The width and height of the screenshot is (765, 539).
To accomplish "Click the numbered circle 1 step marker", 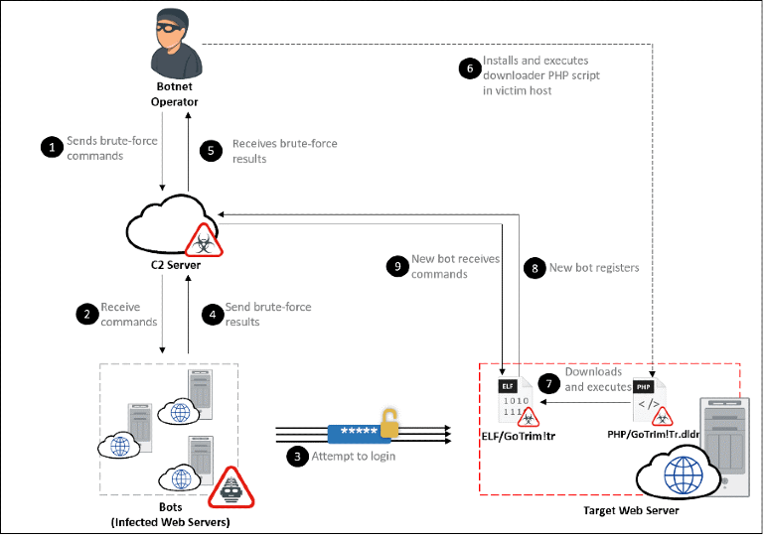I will point(50,148).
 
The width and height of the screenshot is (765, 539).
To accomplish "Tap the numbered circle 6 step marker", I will point(468,67).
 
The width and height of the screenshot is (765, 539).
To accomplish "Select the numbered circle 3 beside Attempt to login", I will point(296,457).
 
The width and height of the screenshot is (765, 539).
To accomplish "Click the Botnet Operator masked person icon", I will point(174,43).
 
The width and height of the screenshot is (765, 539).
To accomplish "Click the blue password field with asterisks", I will point(353,433).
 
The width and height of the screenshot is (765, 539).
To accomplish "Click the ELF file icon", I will point(510,396).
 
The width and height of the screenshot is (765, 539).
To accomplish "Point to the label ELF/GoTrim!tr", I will point(513,433).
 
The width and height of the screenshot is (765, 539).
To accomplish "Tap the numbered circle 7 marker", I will point(547,382).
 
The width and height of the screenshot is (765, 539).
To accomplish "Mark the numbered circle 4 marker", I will point(211,314).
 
